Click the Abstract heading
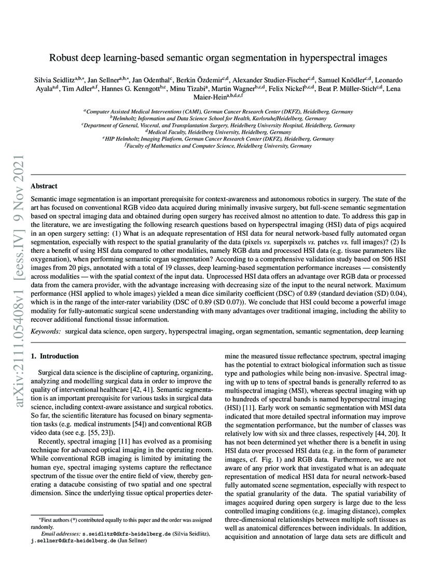[44, 186]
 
